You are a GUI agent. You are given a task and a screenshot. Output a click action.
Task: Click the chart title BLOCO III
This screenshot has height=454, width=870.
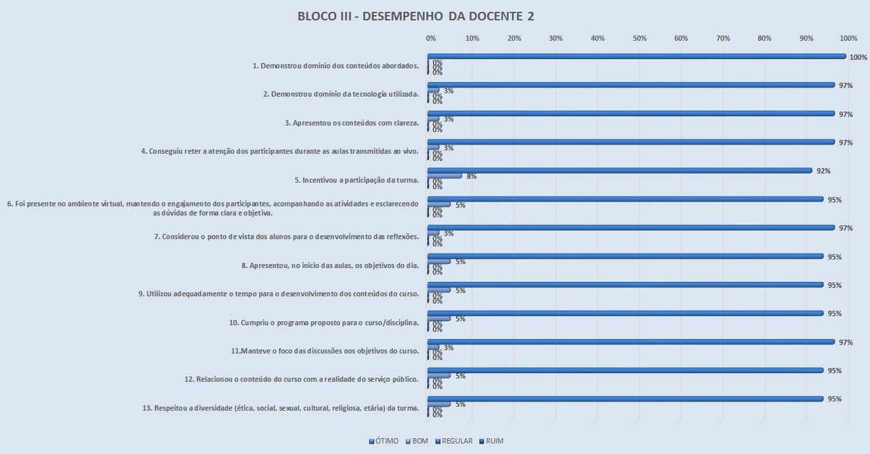(416, 16)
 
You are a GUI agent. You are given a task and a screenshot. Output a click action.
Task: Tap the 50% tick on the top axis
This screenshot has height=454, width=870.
(640, 39)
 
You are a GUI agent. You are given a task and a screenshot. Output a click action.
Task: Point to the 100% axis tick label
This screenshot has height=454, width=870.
(848, 39)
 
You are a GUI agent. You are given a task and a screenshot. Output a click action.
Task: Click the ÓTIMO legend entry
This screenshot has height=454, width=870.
(383, 441)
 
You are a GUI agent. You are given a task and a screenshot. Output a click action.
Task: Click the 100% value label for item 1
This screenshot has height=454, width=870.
(858, 57)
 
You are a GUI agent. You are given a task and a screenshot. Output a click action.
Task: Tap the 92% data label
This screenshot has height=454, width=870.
(823, 171)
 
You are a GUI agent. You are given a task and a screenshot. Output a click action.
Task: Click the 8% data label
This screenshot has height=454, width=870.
(471, 177)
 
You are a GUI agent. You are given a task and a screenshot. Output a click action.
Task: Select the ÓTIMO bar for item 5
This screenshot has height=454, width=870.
(620, 171)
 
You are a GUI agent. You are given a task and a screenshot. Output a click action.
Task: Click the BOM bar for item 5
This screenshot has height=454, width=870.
(445, 176)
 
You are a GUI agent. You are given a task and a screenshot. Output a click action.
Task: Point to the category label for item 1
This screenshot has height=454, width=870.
(336, 66)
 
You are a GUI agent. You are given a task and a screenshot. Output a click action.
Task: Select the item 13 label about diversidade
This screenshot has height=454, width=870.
(280, 408)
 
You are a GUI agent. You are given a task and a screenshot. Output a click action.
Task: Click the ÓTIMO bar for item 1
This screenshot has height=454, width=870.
(636, 57)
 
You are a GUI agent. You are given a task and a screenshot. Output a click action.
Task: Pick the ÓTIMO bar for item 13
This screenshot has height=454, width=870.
(625, 399)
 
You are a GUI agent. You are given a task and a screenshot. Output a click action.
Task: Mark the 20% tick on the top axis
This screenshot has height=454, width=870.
(514, 39)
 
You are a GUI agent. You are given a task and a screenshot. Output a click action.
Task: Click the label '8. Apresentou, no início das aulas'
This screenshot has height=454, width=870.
(330, 265)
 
